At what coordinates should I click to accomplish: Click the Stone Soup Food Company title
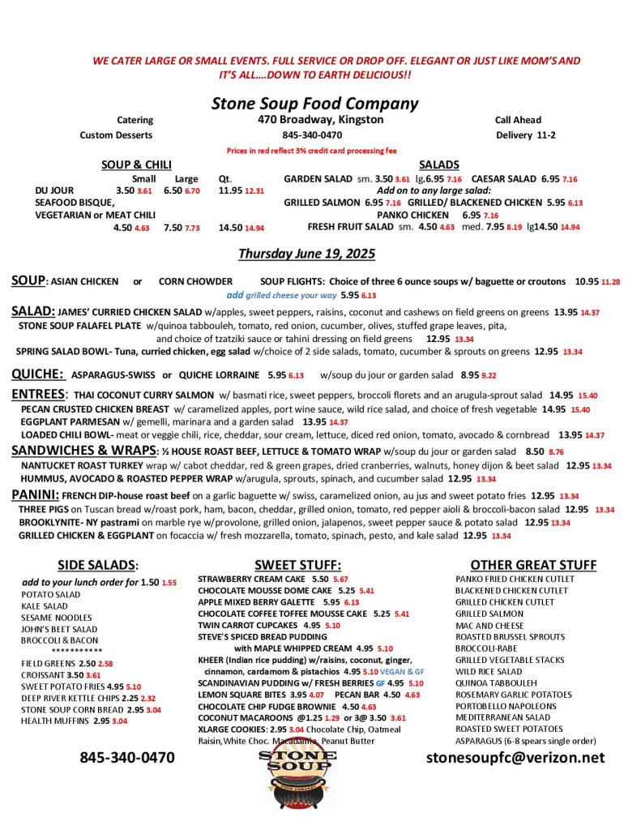(x=314, y=104)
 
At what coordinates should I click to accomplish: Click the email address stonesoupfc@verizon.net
(x=515, y=758)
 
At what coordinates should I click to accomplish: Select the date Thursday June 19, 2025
(x=306, y=254)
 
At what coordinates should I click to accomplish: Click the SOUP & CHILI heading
(x=136, y=165)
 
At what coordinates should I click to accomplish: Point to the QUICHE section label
(x=37, y=374)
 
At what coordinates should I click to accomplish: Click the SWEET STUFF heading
(x=297, y=565)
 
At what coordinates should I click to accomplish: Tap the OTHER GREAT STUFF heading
(x=533, y=565)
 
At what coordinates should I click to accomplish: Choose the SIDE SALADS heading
(x=98, y=565)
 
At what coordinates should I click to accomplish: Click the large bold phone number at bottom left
(x=126, y=758)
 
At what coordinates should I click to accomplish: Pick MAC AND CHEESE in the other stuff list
(x=490, y=626)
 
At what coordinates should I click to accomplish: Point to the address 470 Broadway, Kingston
(x=315, y=120)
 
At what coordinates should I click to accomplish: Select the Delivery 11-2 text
(x=525, y=135)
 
